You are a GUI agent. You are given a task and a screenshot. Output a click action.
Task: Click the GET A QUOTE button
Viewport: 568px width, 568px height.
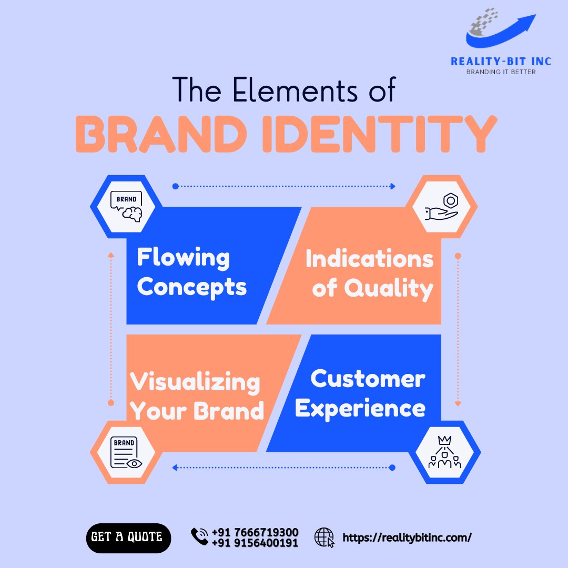(x=128, y=537)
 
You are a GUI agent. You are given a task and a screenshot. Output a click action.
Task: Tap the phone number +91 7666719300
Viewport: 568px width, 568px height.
(x=255, y=532)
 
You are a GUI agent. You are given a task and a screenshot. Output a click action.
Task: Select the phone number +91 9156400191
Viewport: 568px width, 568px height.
(x=255, y=543)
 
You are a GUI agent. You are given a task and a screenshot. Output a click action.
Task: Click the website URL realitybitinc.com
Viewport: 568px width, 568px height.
(x=407, y=537)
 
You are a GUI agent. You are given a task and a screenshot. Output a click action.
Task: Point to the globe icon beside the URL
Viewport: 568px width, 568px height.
(x=324, y=537)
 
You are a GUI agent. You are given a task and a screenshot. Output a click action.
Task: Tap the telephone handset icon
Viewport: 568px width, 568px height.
(x=199, y=536)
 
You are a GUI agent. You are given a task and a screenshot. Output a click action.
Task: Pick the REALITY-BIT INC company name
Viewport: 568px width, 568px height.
(x=501, y=62)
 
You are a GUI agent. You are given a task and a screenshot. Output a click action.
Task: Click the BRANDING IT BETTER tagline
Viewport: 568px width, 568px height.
(x=501, y=72)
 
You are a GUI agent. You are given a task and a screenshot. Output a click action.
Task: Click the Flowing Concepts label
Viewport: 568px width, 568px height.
(x=191, y=272)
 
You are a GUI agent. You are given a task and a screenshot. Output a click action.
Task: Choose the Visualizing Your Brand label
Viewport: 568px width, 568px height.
(x=196, y=397)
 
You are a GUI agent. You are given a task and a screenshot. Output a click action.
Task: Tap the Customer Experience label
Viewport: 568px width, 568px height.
(x=361, y=393)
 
